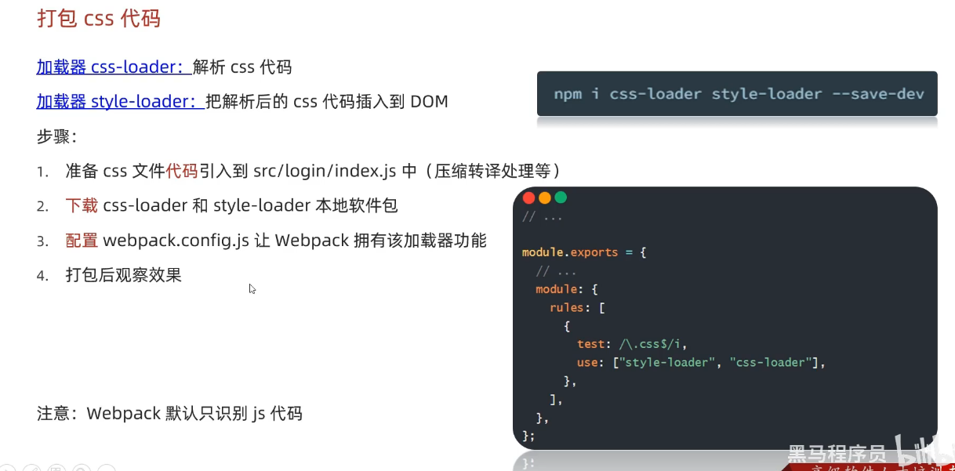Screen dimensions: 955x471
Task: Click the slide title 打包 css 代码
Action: point(99,18)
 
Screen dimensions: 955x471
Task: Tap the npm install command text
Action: point(739,94)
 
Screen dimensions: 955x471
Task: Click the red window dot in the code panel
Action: point(528,197)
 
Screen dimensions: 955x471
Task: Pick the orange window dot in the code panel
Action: point(544,197)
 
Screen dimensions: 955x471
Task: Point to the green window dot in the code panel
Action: point(560,197)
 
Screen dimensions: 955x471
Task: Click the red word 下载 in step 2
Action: point(82,205)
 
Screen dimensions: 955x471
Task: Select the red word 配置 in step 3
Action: point(82,240)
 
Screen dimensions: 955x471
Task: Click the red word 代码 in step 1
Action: point(182,170)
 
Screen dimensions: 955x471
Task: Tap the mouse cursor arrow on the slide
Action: point(252,288)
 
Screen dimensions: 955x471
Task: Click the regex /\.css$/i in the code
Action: point(653,344)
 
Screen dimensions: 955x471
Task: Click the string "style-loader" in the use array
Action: point(668,362)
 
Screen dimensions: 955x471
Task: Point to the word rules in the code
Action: point(566,307)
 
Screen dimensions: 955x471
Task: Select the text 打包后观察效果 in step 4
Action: point(124,275)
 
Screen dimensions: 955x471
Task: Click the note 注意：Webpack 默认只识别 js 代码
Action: point(169,413)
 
